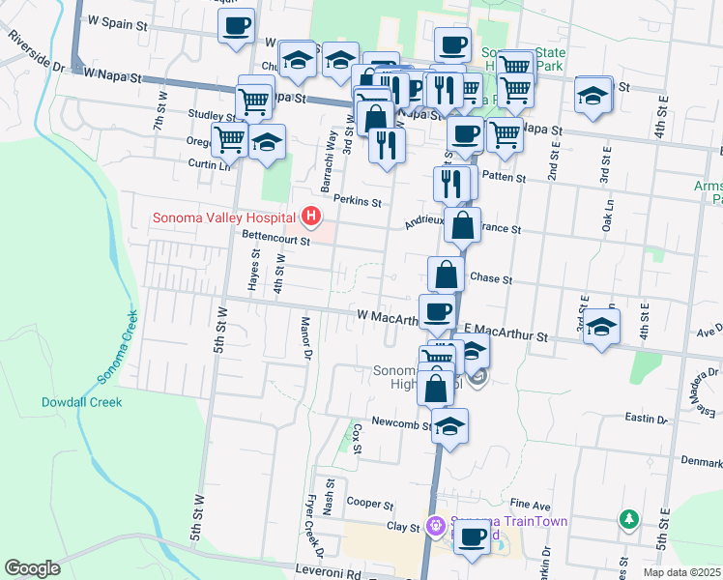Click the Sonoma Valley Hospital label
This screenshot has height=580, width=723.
click(224, 217)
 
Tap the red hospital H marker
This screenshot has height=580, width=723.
click(312, 216)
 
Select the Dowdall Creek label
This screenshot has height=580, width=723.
click(81, 401)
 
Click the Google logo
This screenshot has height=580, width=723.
click(32, 568)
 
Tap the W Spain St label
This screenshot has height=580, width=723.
click(121, 19)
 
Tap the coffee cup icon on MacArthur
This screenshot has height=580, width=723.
click(438, 310)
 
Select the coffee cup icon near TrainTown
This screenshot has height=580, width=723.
click(472, 536)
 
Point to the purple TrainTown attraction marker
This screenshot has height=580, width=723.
click(436, 526)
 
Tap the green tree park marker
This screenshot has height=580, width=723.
click(630, 520)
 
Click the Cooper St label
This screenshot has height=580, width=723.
click(370, 505)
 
